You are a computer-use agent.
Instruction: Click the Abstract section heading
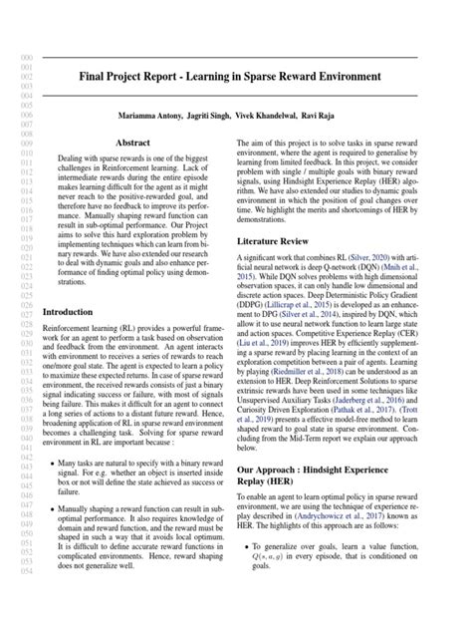[x=132, y=143]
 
